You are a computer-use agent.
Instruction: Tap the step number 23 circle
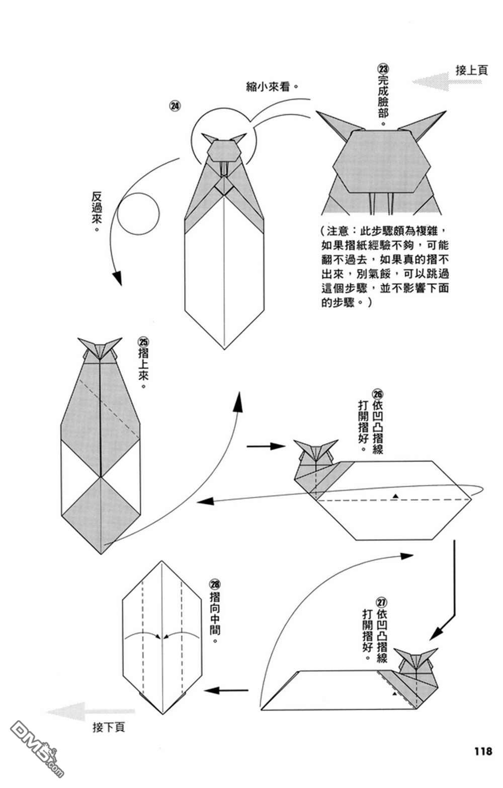383,68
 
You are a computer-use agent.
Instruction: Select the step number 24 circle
175,106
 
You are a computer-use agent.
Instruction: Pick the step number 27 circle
382,602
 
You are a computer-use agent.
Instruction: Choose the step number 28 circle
215,585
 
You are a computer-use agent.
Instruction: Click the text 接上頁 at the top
471,70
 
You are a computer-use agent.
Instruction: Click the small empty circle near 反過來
138,214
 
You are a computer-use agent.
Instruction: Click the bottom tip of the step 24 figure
224,348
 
